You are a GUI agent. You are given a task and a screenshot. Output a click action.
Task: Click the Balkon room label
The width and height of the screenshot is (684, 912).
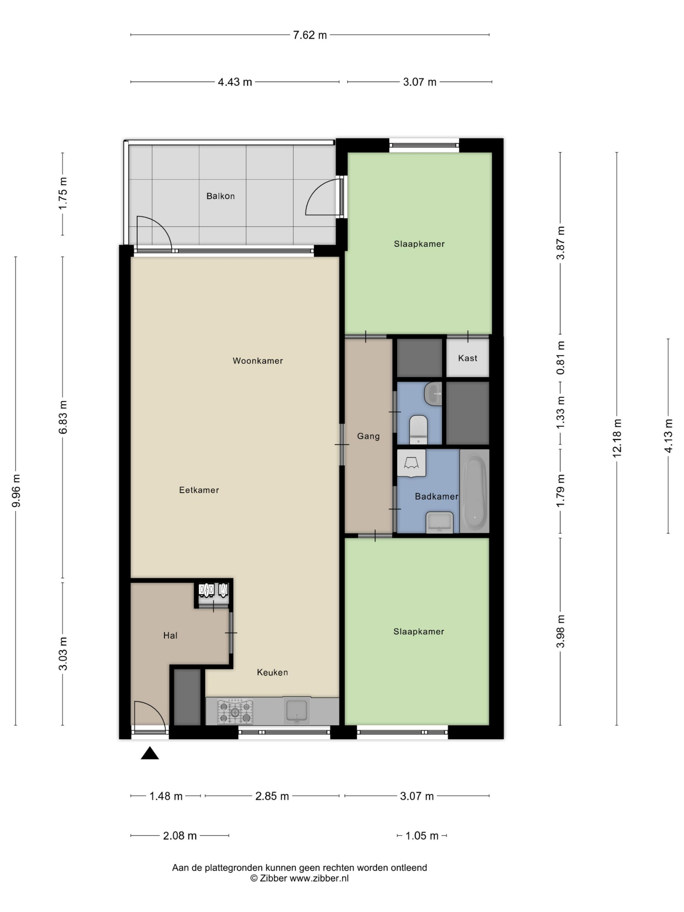pos(220,196)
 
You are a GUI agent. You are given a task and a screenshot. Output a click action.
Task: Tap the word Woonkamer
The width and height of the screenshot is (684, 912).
pos(258,361)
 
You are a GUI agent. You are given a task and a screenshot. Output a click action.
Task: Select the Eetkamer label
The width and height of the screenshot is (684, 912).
pos(199,490)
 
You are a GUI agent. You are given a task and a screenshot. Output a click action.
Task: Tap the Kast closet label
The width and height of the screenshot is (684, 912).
pos(468,358)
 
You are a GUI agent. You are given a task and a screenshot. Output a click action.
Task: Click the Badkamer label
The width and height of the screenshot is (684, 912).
pos(436,497)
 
